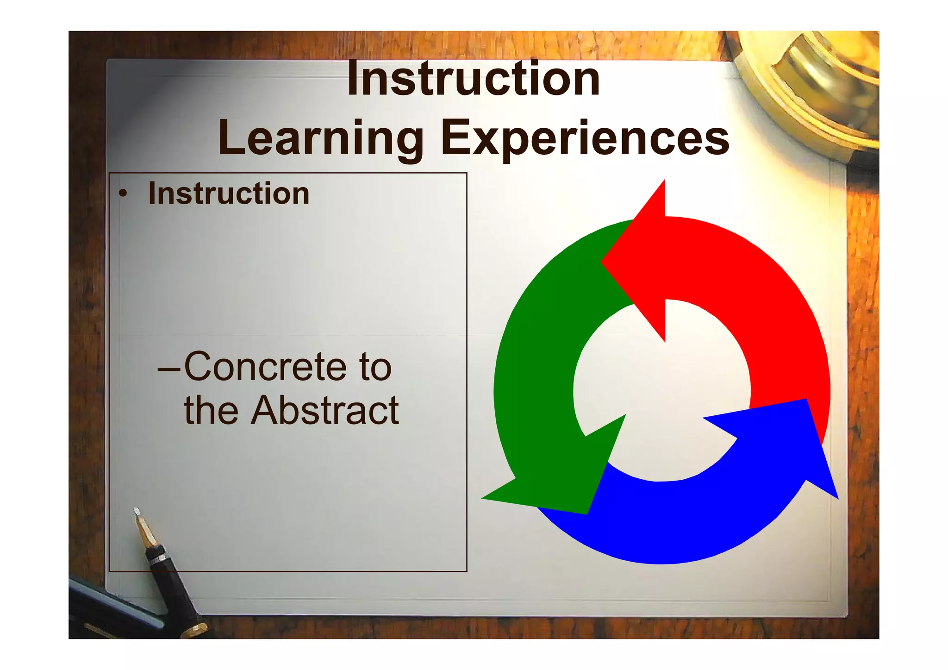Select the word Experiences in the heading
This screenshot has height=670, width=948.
pos(585,138)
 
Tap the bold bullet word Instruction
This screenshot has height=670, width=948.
pos(229,194)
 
